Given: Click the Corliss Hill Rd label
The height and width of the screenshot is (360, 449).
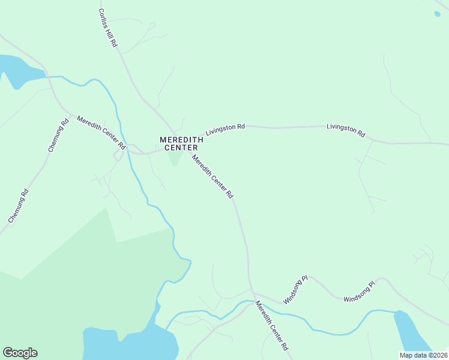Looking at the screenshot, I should coord(108,28).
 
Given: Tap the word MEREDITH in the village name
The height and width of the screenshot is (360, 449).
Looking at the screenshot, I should coord(181,140).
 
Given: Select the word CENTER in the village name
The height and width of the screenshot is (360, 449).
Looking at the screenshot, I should coord(181,148).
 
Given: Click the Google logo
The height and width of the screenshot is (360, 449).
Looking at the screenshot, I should coord(20,353).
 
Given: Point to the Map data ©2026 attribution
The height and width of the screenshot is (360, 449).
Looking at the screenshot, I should coord(423,355).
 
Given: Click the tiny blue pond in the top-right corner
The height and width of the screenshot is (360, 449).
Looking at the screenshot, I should coord(436,14).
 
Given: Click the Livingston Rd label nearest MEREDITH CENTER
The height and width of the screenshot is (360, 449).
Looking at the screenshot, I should coord(225,129).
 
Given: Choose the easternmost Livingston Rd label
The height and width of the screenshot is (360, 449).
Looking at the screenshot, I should coord(346,130).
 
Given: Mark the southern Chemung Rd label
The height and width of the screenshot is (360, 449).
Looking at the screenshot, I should coord(18,206).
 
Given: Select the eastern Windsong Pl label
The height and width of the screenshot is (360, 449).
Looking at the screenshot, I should coord(359,291).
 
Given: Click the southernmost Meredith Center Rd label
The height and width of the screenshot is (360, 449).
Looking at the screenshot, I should coord(272,325).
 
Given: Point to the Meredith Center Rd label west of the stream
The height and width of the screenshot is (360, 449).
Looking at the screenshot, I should coord(100,133).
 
